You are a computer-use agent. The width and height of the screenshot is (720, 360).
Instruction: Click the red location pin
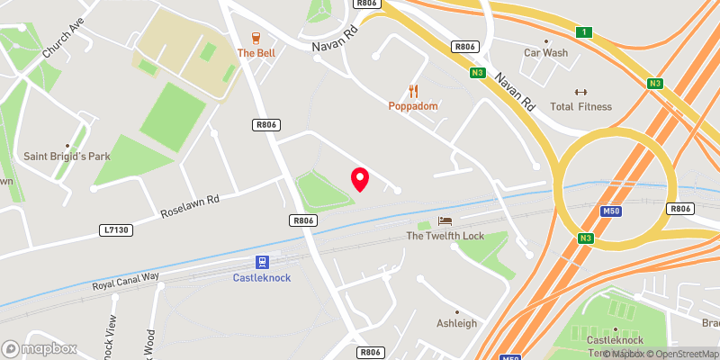[x=360, y=178]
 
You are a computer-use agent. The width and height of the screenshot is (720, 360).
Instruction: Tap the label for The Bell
[x=256, y=53]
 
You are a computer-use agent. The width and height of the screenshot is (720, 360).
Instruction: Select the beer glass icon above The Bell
[x=256, y=38]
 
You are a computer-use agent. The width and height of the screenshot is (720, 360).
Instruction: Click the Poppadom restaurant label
[x=413, y=106]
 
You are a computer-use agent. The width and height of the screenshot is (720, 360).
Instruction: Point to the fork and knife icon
[x=413, y=91]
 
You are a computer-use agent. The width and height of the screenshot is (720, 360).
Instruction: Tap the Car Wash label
[x=546, y=53]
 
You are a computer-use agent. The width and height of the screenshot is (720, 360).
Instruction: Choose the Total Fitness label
[x=580, y=107]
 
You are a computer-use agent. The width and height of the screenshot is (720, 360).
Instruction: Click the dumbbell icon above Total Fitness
[x=580, y=92]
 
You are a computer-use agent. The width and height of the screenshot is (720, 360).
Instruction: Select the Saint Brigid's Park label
[x=67, y=157]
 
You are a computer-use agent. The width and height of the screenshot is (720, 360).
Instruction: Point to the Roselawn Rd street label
[x=190, y=207]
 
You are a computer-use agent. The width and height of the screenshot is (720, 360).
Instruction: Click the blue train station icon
[x=262, y=263]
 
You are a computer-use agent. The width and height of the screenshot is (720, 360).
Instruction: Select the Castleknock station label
[x=262, y=278]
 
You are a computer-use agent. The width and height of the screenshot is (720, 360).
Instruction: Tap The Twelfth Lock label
[x=445, y=236]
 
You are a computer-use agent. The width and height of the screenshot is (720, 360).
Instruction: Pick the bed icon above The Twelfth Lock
[x=445, y=221]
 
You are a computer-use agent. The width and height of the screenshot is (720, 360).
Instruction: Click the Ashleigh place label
[x=456, y=323]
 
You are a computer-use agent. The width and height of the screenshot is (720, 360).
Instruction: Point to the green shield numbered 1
[x=585, y=32]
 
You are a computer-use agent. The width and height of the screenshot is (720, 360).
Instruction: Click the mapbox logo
[x=39, y=348]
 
